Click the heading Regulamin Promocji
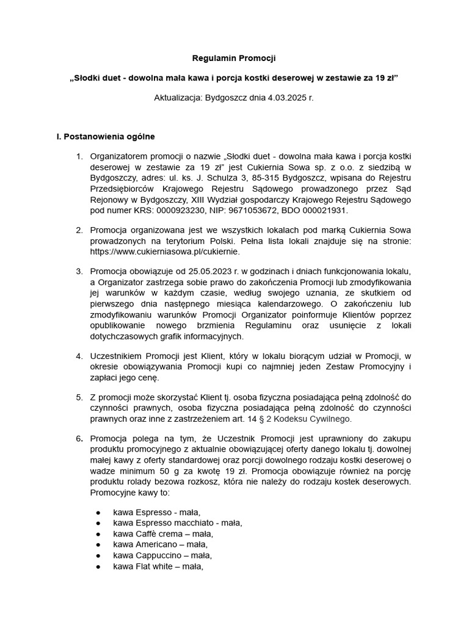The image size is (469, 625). click(234, 59)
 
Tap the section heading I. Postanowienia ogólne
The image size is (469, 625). click(106, 136)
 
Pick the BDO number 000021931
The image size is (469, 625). click(325, 211)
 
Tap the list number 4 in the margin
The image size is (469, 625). click(79, 356)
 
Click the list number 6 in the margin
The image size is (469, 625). click(79, 438)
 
